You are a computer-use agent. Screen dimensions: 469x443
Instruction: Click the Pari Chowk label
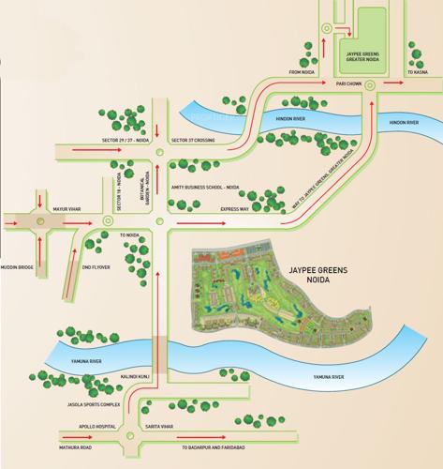(x=348, y=83)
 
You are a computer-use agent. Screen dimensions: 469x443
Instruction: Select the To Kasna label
(x=417, y=71)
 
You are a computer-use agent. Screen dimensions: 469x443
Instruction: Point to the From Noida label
(x=305, y=71)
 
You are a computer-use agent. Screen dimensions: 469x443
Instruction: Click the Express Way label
(x=235, y=210)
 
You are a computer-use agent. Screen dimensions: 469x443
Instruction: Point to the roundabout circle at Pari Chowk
(x=371, y=84)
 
